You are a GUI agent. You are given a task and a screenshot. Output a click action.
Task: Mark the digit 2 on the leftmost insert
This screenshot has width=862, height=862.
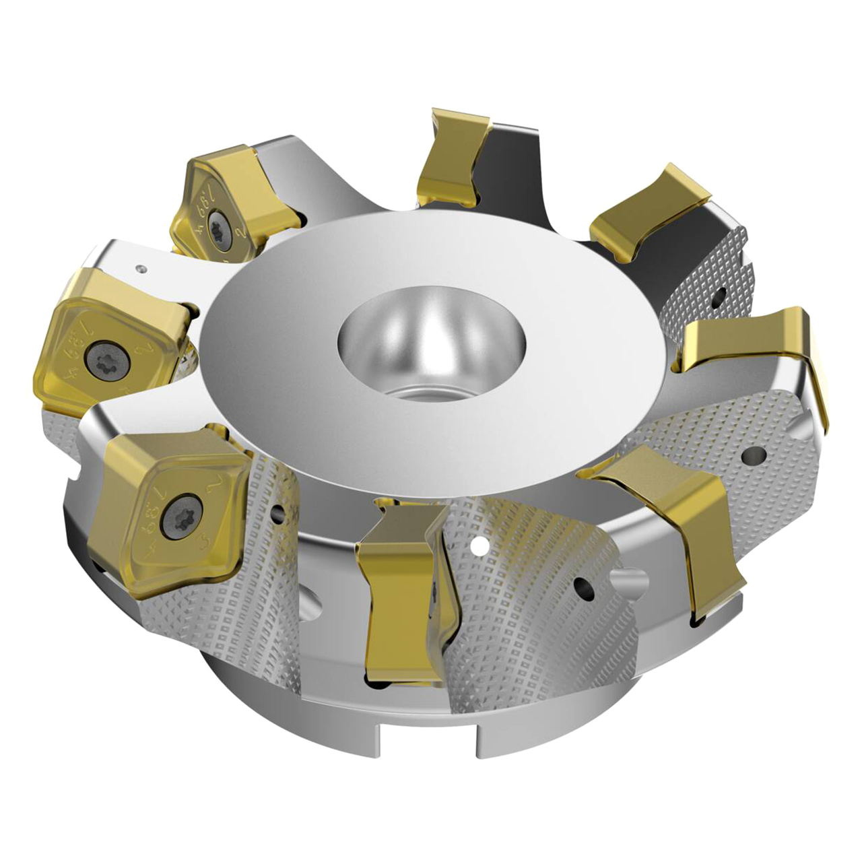(143, 348)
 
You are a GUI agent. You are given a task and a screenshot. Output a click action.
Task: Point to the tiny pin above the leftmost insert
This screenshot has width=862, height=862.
(141, 268)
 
